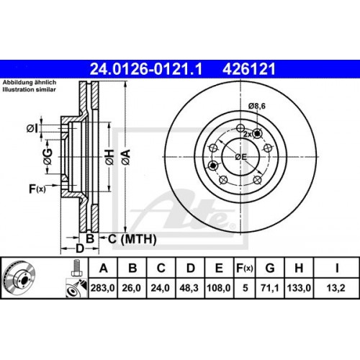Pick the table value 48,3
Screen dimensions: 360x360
[190, 287]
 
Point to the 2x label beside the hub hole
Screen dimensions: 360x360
[247, 135]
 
